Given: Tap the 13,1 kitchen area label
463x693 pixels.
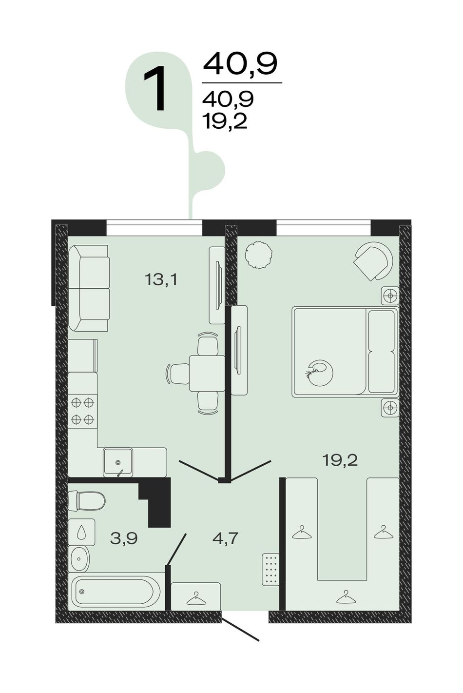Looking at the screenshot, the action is click(x=161, y=280).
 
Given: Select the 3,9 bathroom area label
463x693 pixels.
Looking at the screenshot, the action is click(x=124, y=538).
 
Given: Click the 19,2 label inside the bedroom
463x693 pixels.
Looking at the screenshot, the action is click(x=340, y=460).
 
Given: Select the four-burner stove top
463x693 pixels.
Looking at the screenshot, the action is click(x=82, y=411).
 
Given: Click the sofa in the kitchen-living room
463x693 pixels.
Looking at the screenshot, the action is click(x=88, y=288).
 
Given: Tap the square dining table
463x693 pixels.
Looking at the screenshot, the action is click(x=207, y=374).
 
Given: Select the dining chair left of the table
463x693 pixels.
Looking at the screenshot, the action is click(x=177, y=374).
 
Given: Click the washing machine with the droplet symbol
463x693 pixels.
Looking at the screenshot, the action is click(x=81, y=532).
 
